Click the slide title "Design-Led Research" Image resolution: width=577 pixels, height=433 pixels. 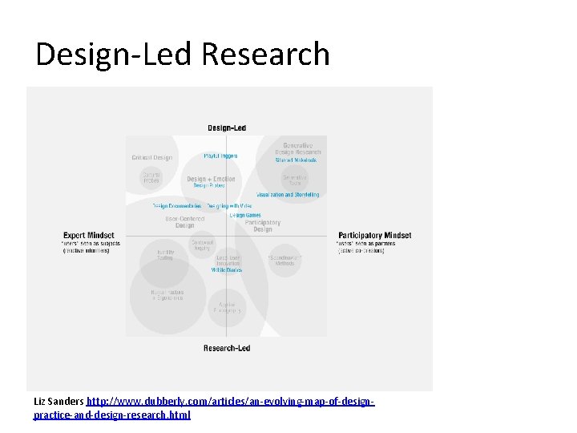click(x=183, y=55)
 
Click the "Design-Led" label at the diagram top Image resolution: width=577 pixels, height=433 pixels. click(x=227, y=127)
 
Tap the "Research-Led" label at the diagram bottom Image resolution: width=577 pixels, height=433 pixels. click(x=227, y=348)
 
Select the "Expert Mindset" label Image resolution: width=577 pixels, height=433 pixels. click(x=88, y=236)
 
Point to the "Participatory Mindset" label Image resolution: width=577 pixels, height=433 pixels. click(x=374, y=236)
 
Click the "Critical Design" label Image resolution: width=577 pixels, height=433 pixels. click(x=152, y=158)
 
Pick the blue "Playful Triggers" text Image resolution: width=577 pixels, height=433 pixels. click(x=220, y=156)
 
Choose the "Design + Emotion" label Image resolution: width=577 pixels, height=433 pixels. click(x=212, y=180)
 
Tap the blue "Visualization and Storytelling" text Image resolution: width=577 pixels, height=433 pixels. click(x=288, y=195)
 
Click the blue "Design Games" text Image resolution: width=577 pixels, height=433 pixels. click(x=245, y=215)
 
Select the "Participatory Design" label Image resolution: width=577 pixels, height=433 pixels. click(x=263, y=225)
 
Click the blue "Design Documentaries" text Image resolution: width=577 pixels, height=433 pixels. click(x=177, y=206)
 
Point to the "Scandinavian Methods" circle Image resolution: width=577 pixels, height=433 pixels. click(x=285, y=261)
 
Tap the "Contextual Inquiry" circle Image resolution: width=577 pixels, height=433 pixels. click(x=203, y=243)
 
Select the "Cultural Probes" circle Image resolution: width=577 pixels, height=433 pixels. click(x=151, y=177)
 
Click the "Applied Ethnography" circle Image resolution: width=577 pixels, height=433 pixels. click(x=227, y=307)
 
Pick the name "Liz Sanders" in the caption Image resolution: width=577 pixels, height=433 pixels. click(x=59, y=400)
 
